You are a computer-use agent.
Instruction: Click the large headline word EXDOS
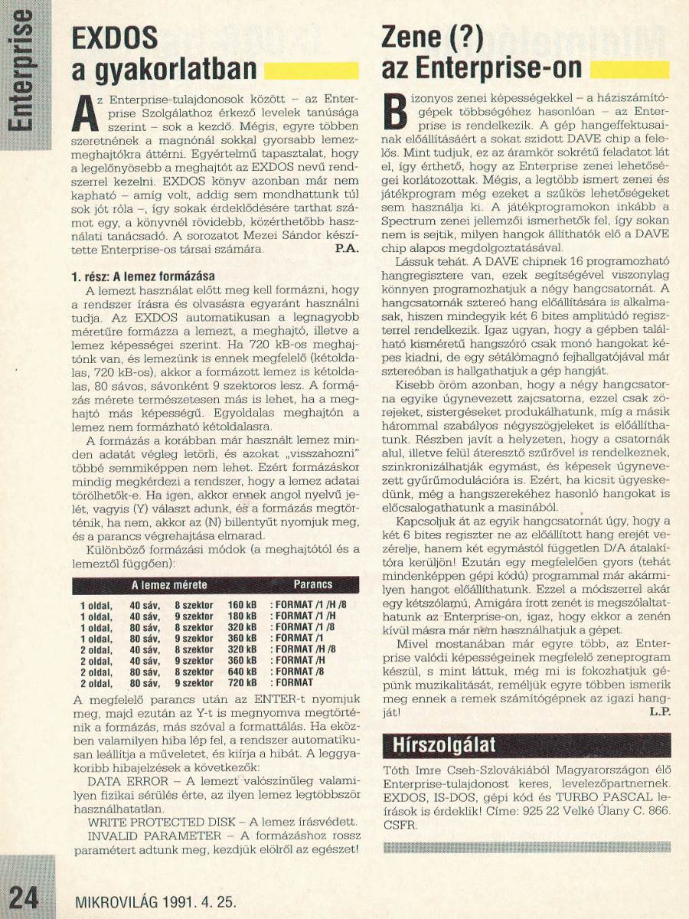114,38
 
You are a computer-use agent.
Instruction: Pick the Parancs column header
313,584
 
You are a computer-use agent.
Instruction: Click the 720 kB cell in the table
243,682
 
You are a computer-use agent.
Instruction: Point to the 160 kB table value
243,604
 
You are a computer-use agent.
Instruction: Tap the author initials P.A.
344,250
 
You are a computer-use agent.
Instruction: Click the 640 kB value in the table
243,671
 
